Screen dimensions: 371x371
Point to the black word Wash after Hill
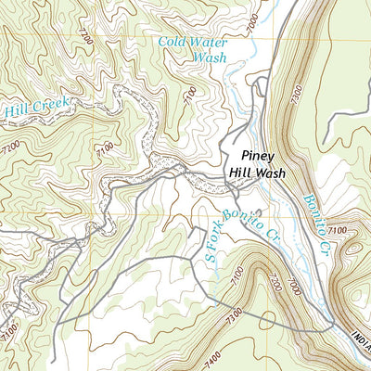[x=267, y=173]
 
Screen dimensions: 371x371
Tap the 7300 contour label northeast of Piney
[x=296, y=94]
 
